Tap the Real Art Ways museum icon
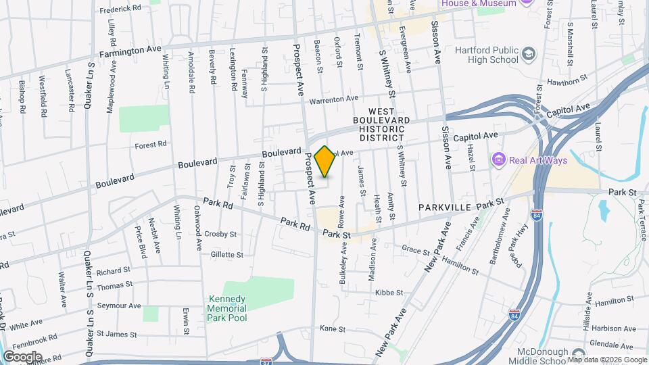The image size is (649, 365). click(498, 160)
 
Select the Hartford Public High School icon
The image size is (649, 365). click(528, 53)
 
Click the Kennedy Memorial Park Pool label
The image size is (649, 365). click(227, 308)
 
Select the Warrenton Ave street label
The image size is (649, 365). click(333, 99)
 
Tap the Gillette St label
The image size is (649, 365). click(226, 255)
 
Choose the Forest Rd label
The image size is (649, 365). click(150, 145)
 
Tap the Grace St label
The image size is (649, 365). click(411, 249)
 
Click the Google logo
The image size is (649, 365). click(22, 357)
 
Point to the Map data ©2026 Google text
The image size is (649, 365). click(606, 360)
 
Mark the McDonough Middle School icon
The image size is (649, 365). click(577, 354)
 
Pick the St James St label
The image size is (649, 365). click(117, 333)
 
